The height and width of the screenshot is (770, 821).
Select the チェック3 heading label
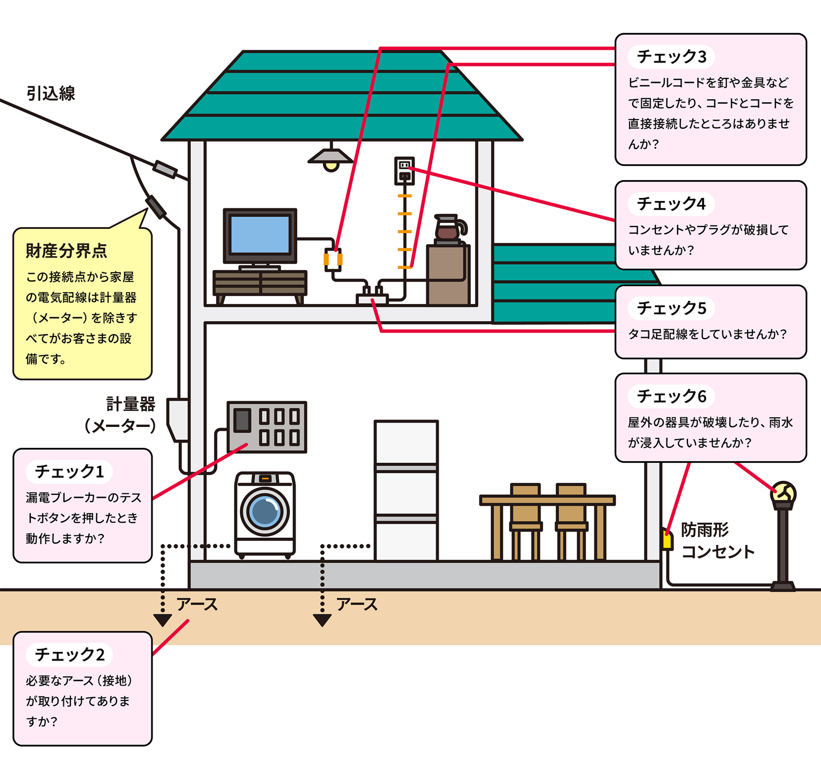coord(671,57)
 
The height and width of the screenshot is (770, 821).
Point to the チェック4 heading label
coord(671,204)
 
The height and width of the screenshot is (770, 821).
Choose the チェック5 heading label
coord(671,308)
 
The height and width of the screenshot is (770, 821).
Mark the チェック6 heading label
coord(671,396)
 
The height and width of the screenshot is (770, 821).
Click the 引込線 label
coord(51,94)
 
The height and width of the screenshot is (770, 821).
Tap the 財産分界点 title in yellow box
coord(67,251)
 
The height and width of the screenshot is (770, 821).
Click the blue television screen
coord(260,234)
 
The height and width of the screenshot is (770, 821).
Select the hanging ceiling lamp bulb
coord(331,166)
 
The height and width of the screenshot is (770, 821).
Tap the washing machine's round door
coord(265,512)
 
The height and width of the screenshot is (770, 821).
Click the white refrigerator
coord(406,489)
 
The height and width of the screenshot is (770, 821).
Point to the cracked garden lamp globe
coord(783,493)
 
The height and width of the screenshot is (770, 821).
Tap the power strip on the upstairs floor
coord(372,298)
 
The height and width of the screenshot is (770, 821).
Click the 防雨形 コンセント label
coord(717,540)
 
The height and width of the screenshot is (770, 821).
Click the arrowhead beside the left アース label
coord(162,620)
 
